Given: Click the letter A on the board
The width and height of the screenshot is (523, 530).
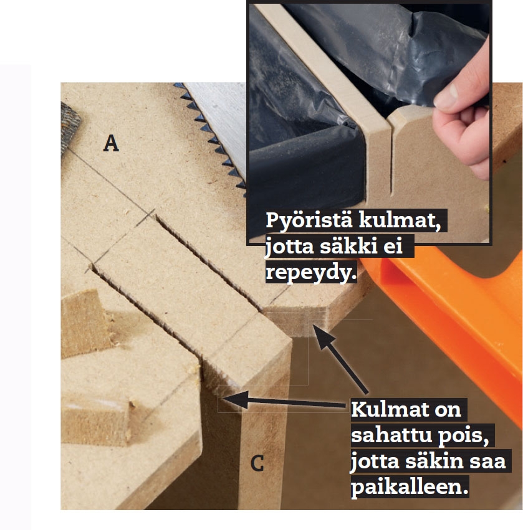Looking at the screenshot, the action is coord(111,143).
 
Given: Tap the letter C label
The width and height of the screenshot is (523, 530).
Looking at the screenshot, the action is coord(257,463).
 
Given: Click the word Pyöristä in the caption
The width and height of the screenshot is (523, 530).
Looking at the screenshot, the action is coord(309,221).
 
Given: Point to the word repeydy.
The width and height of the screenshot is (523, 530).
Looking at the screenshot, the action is coord(310,272).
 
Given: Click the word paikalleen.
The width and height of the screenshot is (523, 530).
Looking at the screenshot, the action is coord(410,487).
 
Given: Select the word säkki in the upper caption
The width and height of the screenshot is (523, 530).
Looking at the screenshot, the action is coord(348,246).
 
